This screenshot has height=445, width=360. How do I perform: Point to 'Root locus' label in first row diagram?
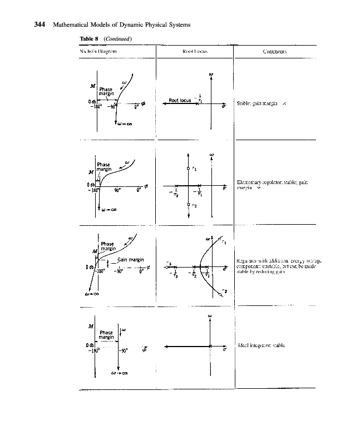pyautogui.click(x=179, y=101)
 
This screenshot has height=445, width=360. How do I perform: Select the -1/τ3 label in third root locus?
pyautogui.click(x=169, y=274)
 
